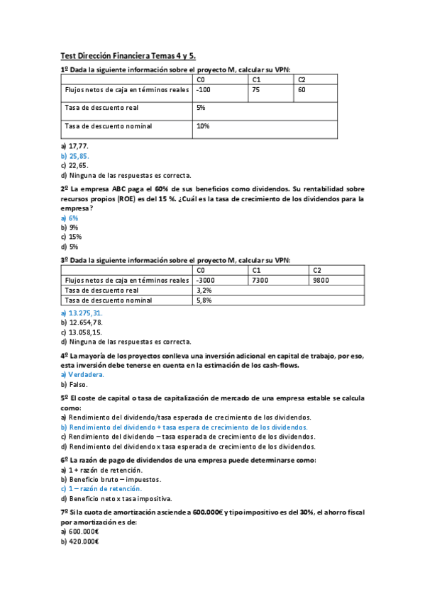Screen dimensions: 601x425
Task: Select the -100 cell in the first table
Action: coord(204,90)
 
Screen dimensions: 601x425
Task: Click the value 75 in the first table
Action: coord(255,90)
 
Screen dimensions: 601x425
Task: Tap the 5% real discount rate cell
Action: coord(201,108)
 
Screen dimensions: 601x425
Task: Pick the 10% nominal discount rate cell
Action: coord(202,126)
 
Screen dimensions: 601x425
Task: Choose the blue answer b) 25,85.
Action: coord(75,155)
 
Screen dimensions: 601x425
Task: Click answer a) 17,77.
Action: coord(74,145)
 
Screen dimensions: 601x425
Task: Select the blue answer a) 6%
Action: coord(70,218)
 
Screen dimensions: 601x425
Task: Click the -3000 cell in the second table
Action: coord(207,280)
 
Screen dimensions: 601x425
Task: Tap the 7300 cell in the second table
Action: coord(260,280)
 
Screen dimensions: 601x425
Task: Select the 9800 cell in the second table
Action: coord(321,280)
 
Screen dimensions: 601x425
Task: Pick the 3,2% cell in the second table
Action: coord(204,290)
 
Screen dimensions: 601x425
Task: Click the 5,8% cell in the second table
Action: coord(204,300)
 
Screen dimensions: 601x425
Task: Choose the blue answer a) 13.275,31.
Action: coord(82,313)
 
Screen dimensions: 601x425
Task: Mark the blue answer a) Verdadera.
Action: coord(82,374)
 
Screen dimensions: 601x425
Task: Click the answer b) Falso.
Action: coord(74,384)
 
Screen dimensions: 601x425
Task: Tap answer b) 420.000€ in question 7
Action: coord(79,541)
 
